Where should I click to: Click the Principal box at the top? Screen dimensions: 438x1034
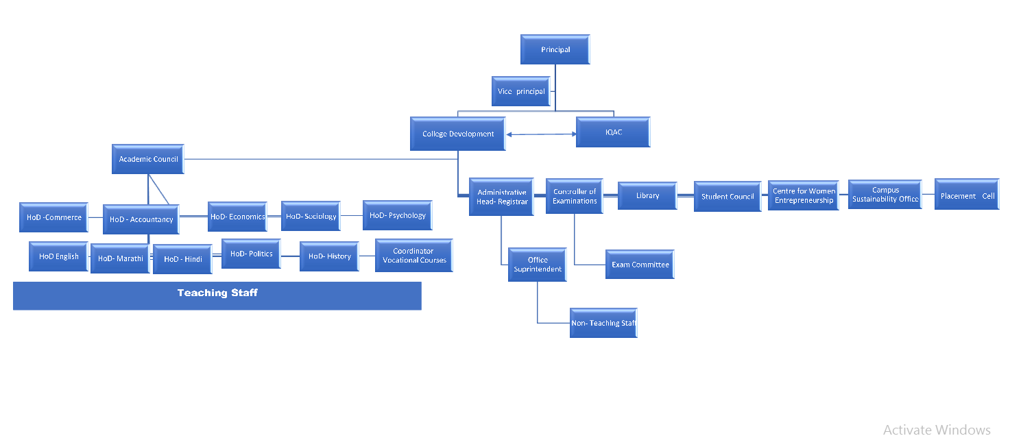click(x=555, y=50)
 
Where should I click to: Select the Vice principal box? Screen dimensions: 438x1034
click(x=522, y=91)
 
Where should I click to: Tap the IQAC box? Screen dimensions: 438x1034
click(x=613, y=133)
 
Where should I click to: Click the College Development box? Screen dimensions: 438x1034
click(x=458, y=134)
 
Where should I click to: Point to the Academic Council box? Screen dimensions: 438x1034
click(x=148, y=159)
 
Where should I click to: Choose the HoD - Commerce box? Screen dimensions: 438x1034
click(x=54, y=217)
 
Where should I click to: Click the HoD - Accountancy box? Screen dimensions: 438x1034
click(x=141, y=219)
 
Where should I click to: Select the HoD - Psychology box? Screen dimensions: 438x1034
click(x=398, y=215)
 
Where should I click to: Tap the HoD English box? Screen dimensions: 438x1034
click(x=59, y=256)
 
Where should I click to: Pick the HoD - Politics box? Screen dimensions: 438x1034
click(x=251, y=254)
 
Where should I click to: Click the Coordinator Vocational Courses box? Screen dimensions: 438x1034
click(x=414, y=256)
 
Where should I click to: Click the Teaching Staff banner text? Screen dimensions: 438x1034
click(x=217, y=293)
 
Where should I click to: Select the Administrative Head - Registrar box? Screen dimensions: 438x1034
click(x=502, y=197)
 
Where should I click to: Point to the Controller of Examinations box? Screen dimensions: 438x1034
click(x=575, y=196)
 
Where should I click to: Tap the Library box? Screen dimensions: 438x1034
click(x=647, y=196)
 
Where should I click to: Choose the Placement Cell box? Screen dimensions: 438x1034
click(x=967, y=196)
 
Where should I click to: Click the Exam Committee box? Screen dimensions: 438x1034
click(x=640, y=265)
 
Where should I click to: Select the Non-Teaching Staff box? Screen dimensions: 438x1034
click(x=603, y=323)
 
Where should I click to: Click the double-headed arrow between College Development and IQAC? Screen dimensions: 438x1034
click(x=541, y=134)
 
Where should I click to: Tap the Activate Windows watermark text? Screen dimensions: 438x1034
click(x=937, y=430)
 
